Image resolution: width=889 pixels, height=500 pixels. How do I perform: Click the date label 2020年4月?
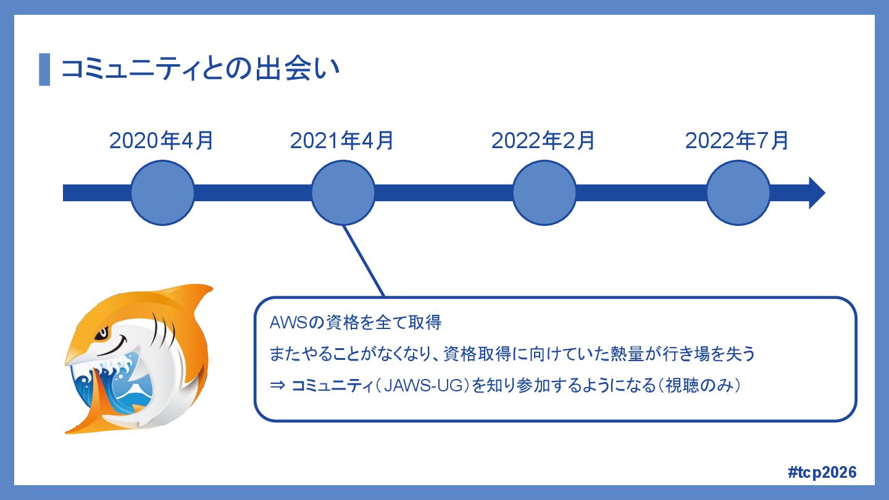pos(162,141)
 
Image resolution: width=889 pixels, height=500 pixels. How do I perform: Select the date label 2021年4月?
pos(342,141)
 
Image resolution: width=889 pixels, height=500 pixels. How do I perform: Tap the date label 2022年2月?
pos(543,141)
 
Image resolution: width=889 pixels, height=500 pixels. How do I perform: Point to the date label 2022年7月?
pos(737,141)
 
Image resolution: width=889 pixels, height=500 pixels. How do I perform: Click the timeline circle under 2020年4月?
pos(162,193)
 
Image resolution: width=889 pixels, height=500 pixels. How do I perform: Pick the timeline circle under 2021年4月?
pos(343,193)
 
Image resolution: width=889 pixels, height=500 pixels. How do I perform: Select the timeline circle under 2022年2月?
pos(544,193)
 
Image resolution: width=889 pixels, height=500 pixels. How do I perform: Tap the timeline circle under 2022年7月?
pos(738,193)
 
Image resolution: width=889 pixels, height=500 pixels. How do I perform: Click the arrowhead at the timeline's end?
pos(816,193)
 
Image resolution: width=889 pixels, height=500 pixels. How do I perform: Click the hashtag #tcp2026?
pos(822,472)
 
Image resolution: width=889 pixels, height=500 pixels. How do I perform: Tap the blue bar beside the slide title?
pos(44,69)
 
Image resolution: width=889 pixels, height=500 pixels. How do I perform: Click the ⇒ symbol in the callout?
pos(277,386)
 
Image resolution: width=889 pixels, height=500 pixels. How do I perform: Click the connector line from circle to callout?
pos(364,260)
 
